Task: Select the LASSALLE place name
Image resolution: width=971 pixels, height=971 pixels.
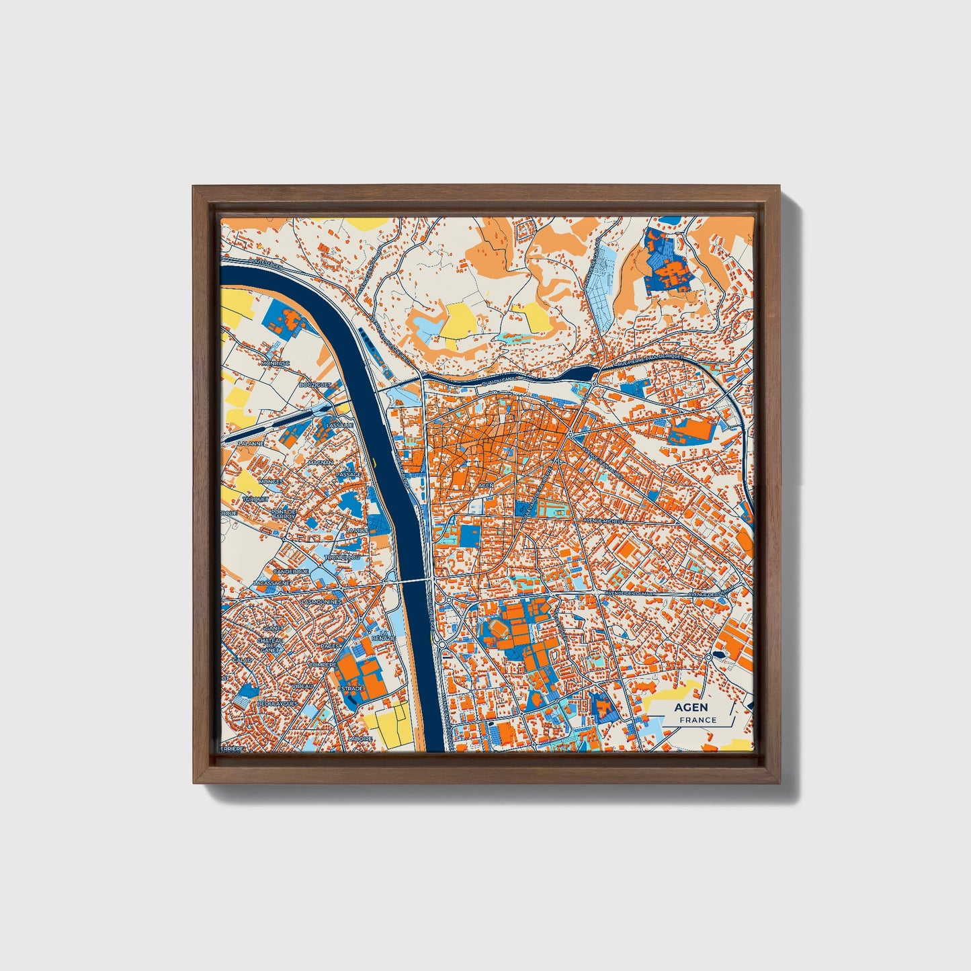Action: pos(339,425)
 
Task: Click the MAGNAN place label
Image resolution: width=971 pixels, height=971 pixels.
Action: pos(320,462)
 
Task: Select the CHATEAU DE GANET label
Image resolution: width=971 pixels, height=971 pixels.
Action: pos(270,645)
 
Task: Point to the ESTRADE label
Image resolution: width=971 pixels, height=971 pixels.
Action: pos(350,689)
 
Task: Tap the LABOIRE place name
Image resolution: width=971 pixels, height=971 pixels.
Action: pos(360,738)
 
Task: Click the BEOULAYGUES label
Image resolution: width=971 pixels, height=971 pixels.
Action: pos(277,703)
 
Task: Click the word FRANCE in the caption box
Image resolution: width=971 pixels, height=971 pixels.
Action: pos(698,720)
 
